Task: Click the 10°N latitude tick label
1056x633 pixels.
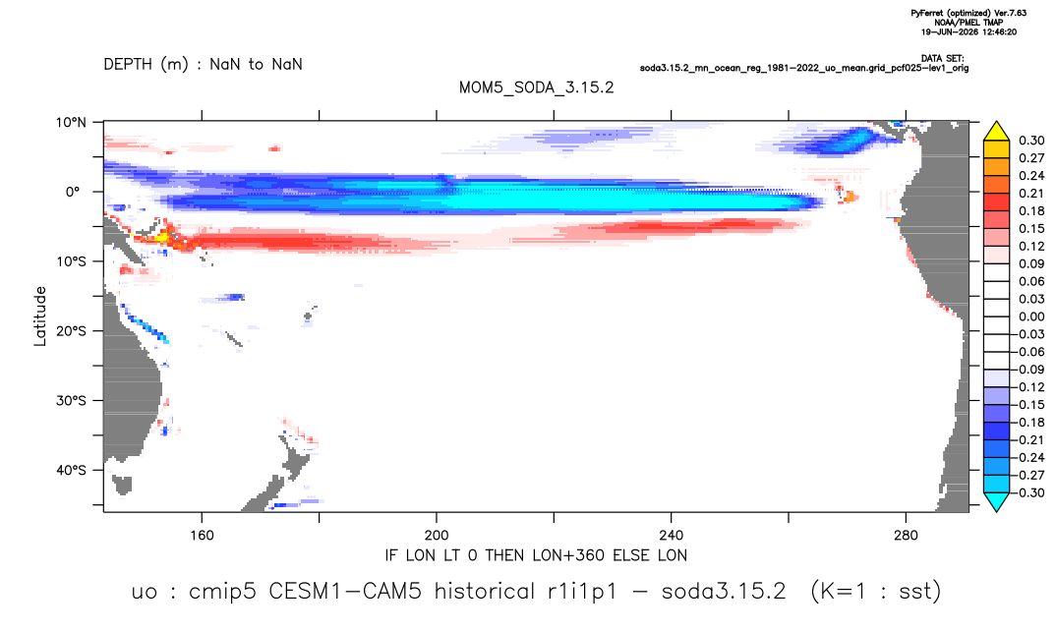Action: tap(71, 122)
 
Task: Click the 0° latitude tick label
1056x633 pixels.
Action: tap(73, 192)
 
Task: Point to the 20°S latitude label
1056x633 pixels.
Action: tap(71, 330)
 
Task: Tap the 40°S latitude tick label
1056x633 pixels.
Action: tap(71, 470)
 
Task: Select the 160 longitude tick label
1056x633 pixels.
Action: tap(202, 536)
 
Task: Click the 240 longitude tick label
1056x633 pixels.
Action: tap(672, 536)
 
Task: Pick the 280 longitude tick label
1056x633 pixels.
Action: tap(906, 536)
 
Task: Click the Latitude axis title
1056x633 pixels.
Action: tap(40, 316)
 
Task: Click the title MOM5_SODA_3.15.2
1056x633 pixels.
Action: tap(536, 88)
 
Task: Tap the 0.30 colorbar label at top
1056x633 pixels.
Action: tap(1031, 141)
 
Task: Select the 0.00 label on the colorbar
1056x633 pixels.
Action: tap(1031, 316)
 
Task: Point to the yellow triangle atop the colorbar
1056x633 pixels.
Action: tap(996, 132)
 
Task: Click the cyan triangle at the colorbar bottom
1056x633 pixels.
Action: tap(996, 502)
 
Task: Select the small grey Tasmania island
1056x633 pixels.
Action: tap(122, 485)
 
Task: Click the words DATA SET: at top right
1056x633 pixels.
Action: tap(942, 59)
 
